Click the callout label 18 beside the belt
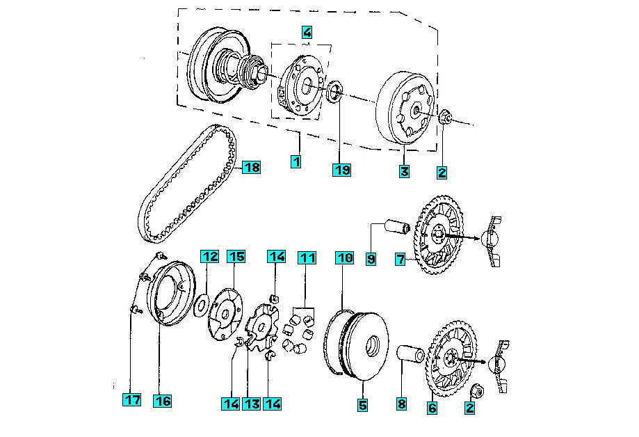pyautogui.click(x=251, y=167)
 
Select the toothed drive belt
pyautogui.click(x=188, y=184)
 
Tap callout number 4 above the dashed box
pyautogui.click(x=307, y=32)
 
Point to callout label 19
pyautogui.click(x=341, y=170)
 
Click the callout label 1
pyautogui.click(x=296, y=161)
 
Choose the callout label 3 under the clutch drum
pyautogui.click(x=404, y=171)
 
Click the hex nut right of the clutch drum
pyautogui.click(x=446, y=118)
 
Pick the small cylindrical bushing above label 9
pyautogui.click(x=397, y=226)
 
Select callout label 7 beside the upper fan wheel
pyautogui.click(x=401, y=259)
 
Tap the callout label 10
pyautogui.click(x=345, y=258)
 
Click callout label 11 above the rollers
pyautogui.click(x=307, y=258)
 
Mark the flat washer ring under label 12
pyautogui.click(x=202, y=305)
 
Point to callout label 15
pyautogui.click(x=236, y=257)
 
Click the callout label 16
pyautogui.click(x=162, y=401)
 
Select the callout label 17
pyautogui.click(x=132, y=399)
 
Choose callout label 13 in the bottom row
pyautogui.click(x=252, y=404)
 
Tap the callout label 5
pyautogui.click(x=362, y=405)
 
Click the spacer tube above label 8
pyautogui.click(x=410, y=353)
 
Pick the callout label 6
pyautogui.click(x=432, y=408)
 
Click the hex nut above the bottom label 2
pyautogui.click(x=476, y=391)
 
